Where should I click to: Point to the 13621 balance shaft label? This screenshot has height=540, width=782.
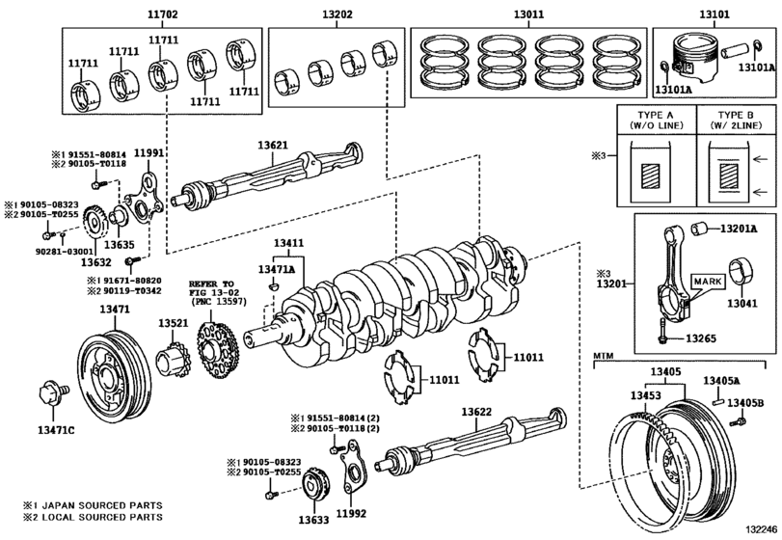click(273, 145)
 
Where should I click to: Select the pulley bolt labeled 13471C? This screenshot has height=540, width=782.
click(50, 395)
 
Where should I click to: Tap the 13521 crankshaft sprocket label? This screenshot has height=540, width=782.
click(174, 323)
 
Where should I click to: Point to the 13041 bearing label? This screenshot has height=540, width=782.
click(742, 302)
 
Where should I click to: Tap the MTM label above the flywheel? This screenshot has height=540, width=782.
click(604, 358)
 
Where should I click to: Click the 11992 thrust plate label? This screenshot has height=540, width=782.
click(352, 514)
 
